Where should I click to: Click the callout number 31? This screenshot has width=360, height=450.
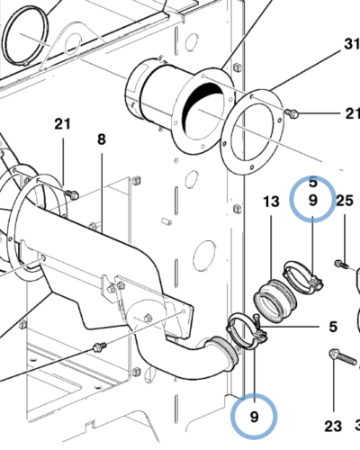click(x=350, y=44)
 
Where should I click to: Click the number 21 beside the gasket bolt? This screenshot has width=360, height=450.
click(x=350, y=113)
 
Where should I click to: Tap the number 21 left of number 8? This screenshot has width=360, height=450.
click(x=62, y=123)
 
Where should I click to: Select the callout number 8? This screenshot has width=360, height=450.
click(x=101, y=139)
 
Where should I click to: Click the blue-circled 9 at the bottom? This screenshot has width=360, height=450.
click(x=253, y=416)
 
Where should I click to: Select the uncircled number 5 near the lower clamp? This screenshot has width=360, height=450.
click(x=331, y=326)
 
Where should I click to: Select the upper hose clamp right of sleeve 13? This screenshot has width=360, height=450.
click(x=302, y=275)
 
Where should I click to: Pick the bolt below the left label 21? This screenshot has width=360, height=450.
click(x=72, y=194)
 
